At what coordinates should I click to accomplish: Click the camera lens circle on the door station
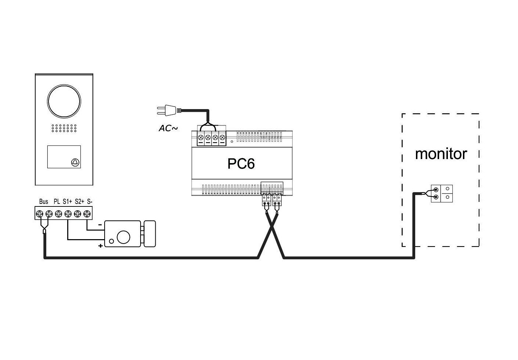coord(64,101)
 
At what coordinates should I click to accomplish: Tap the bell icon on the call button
coord(75,162)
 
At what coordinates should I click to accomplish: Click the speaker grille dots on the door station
coord(64,128)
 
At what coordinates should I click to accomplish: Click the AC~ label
coord(168,129)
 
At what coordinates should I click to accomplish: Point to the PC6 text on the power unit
coord(241,164)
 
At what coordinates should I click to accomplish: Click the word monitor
coord(441,154)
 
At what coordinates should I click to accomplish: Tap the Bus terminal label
coord(43,202)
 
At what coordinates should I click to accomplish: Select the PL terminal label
coord(57,202)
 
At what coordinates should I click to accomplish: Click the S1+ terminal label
coord(67,202)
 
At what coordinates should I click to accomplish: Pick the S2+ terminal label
coord(79,202)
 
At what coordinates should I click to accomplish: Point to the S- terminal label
coord(90,202)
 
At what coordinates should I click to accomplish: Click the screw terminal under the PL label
coord(58,214)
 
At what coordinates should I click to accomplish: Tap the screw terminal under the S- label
coord(87,214)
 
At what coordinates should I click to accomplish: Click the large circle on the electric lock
coord(123,237)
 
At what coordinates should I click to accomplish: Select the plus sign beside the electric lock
coord(100,246)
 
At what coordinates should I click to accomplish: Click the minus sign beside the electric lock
coord(100,225)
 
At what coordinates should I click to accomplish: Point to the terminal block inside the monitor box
coord(442,194)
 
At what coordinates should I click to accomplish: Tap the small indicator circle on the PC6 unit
coord(232,141)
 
